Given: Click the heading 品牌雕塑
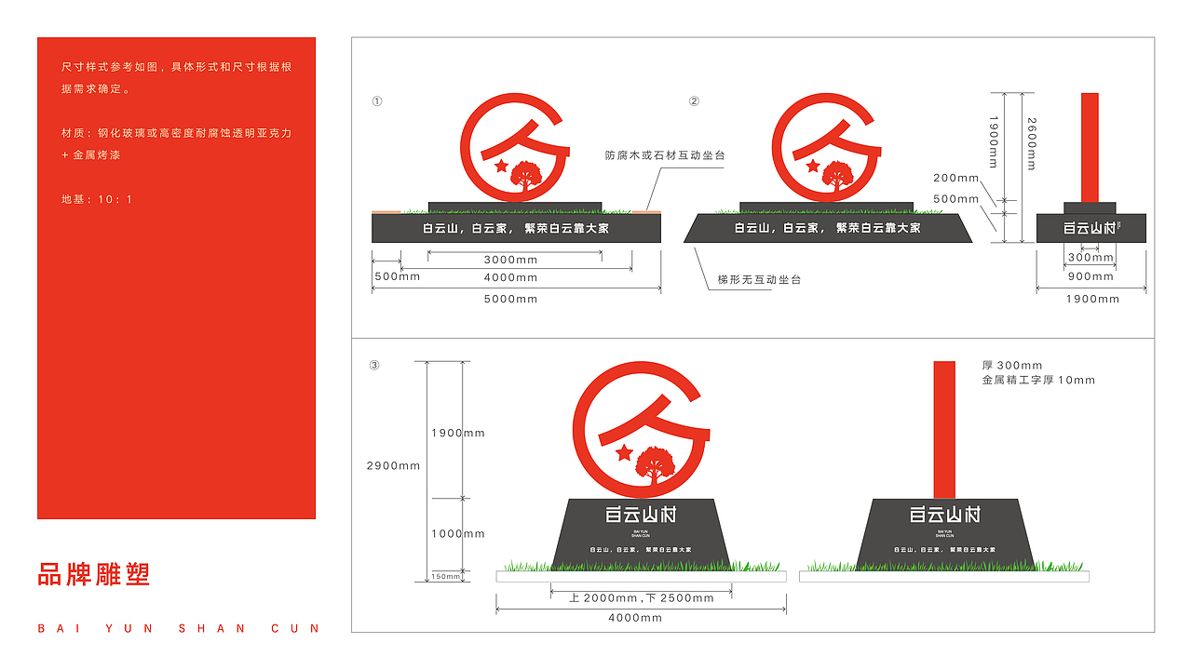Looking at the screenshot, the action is pyautogui.click(x=93, y=574).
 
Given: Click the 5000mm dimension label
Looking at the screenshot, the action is pyautogui.click(x=510, y=300).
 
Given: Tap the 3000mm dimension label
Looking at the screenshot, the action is pyautogui.click(x=510, y=261).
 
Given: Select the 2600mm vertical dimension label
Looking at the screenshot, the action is pyautogui.click(x=1031, y=144).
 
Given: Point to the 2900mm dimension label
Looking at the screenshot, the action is pyautogui.click(x=393, y=466).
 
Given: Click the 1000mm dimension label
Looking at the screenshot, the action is pyautogui.click(x=457, y=534).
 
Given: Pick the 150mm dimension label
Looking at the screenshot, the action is pyautogui.click(x=445, y=577).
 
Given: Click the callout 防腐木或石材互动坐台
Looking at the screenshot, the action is pyautogui.click(x=664, y=156).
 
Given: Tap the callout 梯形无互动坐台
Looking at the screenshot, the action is pyautogui.click(x=759, y=280).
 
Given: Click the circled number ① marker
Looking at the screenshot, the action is pyautogui.click(x=376, y=101).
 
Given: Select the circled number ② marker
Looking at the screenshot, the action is pyautogui.click(x=694, y=101).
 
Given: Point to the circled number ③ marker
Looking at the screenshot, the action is pyautogui.click(x=374, y=366).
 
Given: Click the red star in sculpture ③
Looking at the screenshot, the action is pyautogui.click(x=623, y=453).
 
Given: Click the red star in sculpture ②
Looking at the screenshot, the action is pyautogui.click(x=813, y=166).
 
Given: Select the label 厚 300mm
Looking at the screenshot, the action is pyautogui.click(x=1012, y=366).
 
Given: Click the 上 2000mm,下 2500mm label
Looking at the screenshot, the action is pyautogui.click(x=642, y=598).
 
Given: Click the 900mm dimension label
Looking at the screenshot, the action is pyautogui.click(x=1090, y=276).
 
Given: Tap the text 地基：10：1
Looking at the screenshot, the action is pyautogui.click(x=97, y=200).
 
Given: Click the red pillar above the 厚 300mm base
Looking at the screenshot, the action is pyautogui.click(x=944, y=429).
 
